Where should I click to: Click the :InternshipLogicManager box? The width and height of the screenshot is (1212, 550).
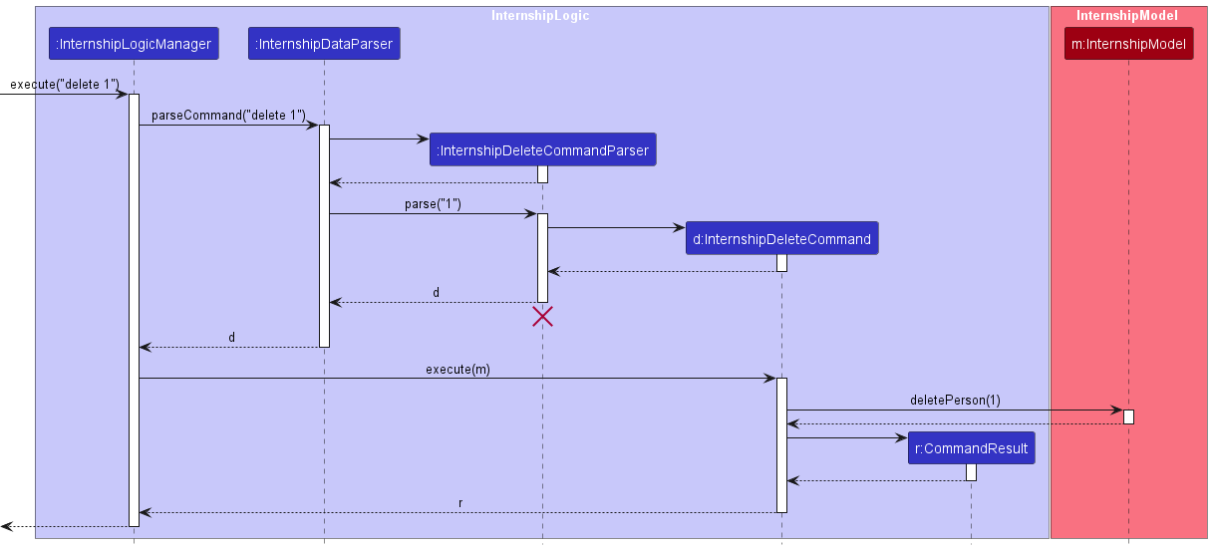point(134,44)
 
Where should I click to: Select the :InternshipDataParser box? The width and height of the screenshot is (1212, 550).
point(324,44)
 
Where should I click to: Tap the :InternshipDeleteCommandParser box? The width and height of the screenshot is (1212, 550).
point(543,150)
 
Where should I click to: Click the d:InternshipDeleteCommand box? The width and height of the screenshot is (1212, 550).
point(781,239)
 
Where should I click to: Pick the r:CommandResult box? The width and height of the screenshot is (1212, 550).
point(971,448)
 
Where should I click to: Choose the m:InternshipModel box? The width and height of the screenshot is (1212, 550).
point(1128,44)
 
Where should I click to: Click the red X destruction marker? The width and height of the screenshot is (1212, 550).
point(542,317)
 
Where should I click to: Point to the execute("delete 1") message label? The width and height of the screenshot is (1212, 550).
point(65,85)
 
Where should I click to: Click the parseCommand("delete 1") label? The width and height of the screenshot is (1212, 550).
point(228,116)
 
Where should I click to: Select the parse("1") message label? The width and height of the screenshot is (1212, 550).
point(433,204)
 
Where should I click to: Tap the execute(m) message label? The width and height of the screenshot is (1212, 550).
point(457,369)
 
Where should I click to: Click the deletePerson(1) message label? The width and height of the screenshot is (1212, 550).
point(955,401)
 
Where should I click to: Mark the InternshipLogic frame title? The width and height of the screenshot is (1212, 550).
point(540,16)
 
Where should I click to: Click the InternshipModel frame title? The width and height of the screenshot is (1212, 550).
point(1127,16)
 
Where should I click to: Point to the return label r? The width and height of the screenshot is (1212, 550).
point(459,503)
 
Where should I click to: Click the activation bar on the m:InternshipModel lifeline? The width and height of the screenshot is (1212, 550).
point(1128,416)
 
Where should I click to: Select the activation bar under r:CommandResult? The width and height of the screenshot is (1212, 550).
point(971,472)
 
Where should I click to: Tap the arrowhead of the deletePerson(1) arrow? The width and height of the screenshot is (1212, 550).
point(1117,410)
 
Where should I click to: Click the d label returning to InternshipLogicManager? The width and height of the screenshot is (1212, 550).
point(232,338)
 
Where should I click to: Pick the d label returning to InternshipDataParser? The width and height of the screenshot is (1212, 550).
point(436,293)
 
